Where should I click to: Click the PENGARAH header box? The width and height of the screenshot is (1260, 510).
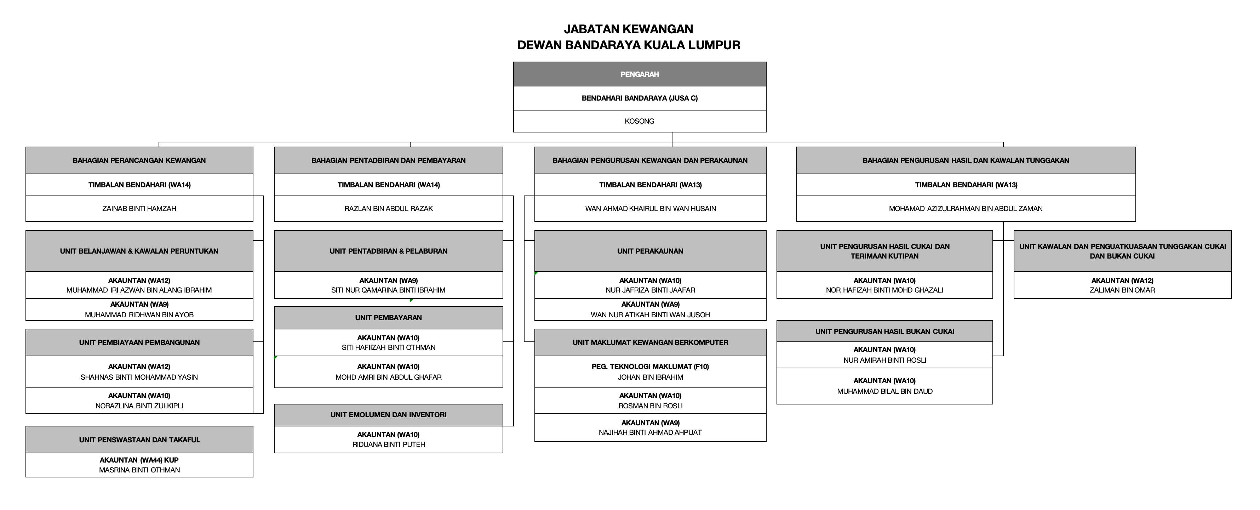tap(639, 74)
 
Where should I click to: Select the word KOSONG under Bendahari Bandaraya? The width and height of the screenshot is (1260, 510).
tap(639, 121)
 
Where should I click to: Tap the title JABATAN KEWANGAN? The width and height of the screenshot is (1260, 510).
tap(629, 29)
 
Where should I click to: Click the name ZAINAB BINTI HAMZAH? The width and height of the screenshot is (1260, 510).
tap(139, 209)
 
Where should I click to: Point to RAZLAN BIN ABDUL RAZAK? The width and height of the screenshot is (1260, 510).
tap(388, 209)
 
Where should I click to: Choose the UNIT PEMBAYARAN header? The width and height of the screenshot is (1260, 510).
tap(388, 318)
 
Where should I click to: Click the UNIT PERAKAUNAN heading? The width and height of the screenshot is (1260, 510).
tap(650, 251)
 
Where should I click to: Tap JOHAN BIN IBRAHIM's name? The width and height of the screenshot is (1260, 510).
tap(650, 377)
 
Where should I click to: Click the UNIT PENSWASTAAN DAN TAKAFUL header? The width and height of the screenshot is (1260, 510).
tap(139, 440)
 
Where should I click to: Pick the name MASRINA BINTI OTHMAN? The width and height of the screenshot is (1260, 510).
tap(139, 470)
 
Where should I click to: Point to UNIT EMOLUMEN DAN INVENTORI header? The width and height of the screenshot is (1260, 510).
tap(388, 415)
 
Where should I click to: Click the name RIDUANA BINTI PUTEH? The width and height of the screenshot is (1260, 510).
tap(388, 444)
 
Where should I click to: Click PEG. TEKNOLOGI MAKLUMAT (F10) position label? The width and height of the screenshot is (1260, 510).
tap(650, 367)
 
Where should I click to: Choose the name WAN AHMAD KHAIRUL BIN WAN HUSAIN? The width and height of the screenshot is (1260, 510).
tap(650, 209)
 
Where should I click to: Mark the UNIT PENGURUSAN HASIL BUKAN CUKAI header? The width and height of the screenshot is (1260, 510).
tap(884, 331)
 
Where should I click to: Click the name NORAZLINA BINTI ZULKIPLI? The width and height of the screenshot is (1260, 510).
tap(139, 406)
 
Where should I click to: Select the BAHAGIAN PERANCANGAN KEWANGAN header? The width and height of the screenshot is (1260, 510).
tap(139, 160)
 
